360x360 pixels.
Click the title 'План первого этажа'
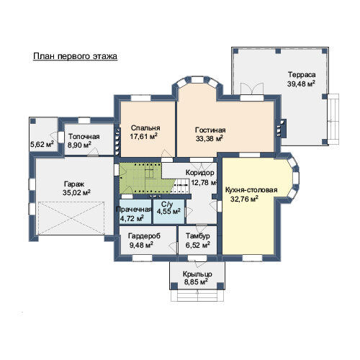(x=75, y=56)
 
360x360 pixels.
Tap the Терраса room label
(x=302, y=75)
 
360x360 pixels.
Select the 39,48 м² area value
(x=301, y=84)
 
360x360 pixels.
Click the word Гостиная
(x=210, y=130)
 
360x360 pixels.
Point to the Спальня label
(x=145, y=128)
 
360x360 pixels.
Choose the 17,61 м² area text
(x=144, y=137)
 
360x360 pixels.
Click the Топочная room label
(x=84, y=137)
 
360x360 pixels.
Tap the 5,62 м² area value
(x=42, y=144)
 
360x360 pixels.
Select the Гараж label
(x=74, y=184)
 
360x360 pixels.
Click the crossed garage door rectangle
(x=71, y=218)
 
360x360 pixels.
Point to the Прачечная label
(x=134, y=210)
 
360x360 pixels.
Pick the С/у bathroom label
(x=167, y=204)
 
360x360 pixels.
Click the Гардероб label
(x=144, y=236)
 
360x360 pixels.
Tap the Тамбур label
(x=198, y=236)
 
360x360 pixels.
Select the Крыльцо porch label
(x=197, y=274)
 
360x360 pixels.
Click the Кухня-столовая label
(x=251, y=190)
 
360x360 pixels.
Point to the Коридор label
(x=200, y=173)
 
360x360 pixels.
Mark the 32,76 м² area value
(x=244, y=199)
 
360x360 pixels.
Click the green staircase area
(x=144, y=178)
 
